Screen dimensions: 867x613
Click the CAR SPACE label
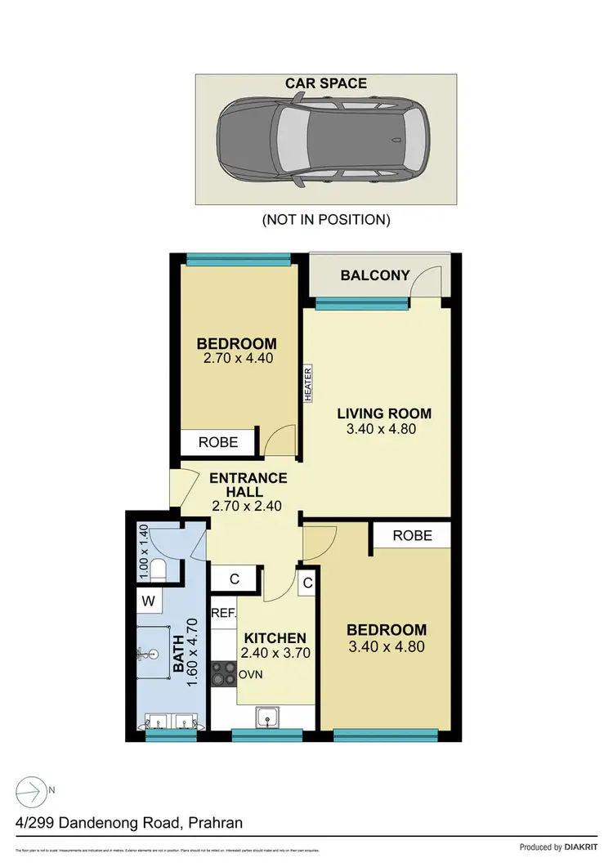[325, 84]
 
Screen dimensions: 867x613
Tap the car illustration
[325, 140]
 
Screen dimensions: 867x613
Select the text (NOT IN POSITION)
[325, 219]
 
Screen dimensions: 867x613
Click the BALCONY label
[374, 275]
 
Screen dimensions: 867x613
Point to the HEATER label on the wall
[308, 383]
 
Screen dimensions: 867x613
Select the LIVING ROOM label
[383, 413]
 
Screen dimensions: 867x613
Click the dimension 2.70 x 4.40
[236, 358]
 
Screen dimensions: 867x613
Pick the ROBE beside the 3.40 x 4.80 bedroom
[412, 535]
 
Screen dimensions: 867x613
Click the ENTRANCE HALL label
[247, 485]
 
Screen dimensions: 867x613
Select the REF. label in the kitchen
[223, 613]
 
